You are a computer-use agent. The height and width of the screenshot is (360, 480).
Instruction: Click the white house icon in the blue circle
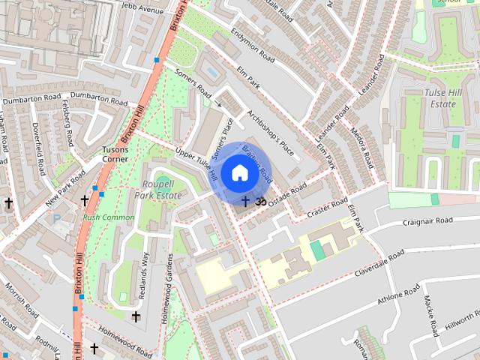tap(238, 172)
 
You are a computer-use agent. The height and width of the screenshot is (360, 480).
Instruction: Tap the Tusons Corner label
tap(115, 154)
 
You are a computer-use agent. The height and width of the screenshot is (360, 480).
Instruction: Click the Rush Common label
tap(109, 217)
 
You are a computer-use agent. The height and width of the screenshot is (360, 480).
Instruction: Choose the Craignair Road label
tap(427, 221)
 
